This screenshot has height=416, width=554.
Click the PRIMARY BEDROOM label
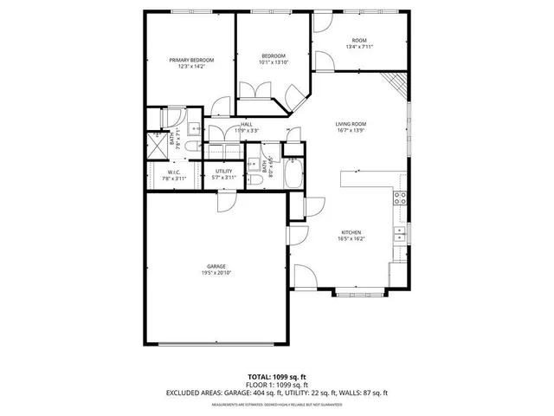click(x=191, y=60)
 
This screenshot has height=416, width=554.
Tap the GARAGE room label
click(x=216, y=266)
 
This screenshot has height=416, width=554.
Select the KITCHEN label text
click(x=351, y=232)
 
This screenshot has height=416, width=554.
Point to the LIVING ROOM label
click(x=351, y=124)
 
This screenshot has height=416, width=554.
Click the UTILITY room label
click(x=224, y=172)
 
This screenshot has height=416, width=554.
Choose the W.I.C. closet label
click(x=173, y=172)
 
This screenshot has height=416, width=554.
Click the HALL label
click(x=247, y=124)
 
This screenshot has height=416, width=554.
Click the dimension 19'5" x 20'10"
click(x=216, y=273)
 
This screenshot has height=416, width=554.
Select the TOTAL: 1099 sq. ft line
click(x=277, y=376)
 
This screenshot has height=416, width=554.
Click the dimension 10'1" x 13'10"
click(x=274, y=62)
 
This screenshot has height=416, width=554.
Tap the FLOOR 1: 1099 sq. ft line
click(x=277, y=384)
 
